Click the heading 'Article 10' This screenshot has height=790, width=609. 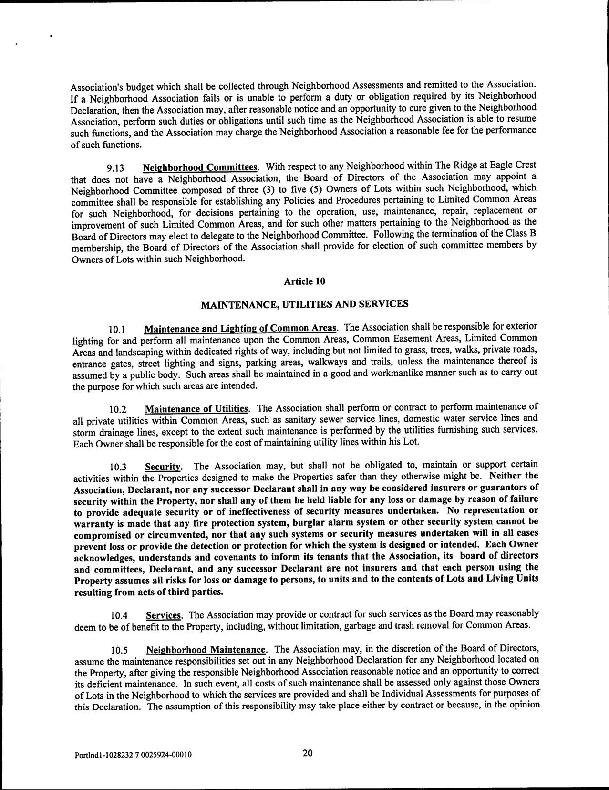tap(304, 281)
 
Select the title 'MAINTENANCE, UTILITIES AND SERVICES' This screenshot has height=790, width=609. tap(304, 304)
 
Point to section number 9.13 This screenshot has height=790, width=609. tap(116, 168)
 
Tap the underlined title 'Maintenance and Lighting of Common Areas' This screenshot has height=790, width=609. tap(241, 329)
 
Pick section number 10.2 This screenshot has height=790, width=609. tap(117, 409)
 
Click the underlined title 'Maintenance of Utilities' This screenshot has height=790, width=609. tap(196, 409)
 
